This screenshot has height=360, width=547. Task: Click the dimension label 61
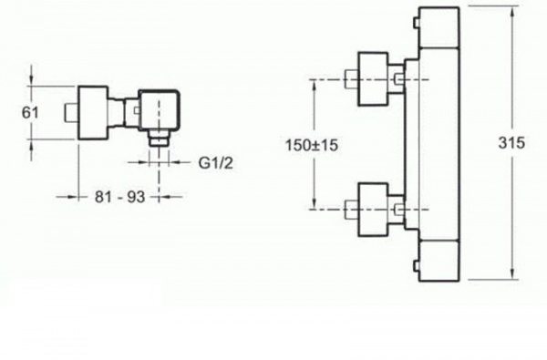[30, 113]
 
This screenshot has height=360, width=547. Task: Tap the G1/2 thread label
[216, 162]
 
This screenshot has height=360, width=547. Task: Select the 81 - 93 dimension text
[120, 197]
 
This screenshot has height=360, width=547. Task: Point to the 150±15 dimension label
[312, 145]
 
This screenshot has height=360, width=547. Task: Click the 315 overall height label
[511, 143]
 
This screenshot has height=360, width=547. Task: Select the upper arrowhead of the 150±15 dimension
[315, 86]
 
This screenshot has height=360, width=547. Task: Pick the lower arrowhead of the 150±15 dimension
[315, 203]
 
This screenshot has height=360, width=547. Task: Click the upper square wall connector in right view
[373, 79]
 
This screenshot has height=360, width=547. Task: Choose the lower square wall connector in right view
[373, 210]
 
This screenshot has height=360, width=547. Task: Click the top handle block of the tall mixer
[439, 27]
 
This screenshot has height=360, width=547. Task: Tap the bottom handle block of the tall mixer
[439, 261]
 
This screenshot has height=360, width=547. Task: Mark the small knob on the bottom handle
[416, 265]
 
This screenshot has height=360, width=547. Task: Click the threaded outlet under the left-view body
[160, 138]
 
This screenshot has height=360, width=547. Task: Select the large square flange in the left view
[92, 113]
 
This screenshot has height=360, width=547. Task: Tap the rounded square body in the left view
[160, 110]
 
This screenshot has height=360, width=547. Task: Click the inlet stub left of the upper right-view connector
[351, 79]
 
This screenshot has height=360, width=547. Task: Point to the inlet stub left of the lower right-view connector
[351, 210]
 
